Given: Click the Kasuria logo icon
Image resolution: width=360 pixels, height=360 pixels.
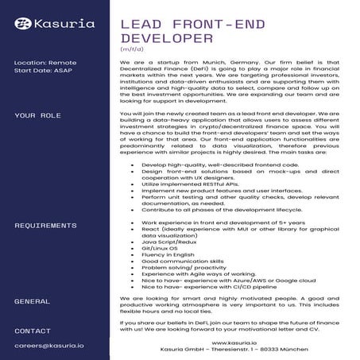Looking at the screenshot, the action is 22,24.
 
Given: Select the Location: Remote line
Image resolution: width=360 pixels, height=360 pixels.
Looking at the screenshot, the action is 45,62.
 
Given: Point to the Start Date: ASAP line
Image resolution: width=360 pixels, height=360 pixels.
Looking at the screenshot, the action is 42,71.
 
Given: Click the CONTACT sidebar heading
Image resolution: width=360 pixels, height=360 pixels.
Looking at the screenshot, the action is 33,330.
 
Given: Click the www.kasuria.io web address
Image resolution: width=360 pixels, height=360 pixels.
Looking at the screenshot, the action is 237,343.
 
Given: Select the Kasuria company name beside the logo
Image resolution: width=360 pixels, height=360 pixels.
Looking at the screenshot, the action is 64,24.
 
